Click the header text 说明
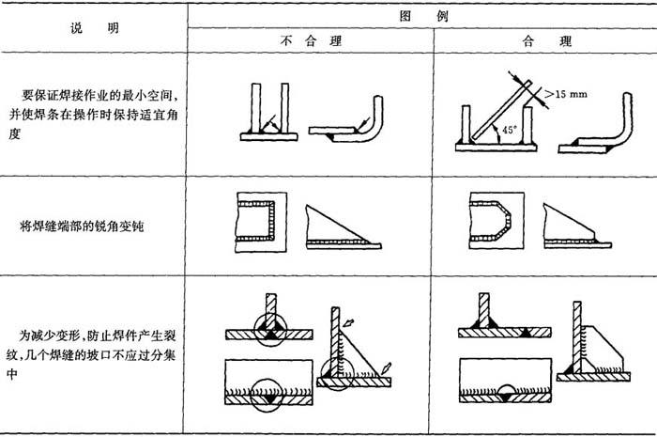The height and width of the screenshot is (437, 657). [x=95, y=28]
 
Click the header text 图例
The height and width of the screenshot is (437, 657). [x=423, y=16]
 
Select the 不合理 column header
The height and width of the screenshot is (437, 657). [x=311, y=40]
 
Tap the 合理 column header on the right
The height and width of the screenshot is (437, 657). [x=546, y=41]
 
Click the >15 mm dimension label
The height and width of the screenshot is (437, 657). [x=566, y=94]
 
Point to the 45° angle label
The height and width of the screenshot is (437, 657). [x=509, y=130]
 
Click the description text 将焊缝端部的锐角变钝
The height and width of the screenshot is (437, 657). [x=83, y=226]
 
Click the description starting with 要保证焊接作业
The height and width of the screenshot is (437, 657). [x=93, y=115]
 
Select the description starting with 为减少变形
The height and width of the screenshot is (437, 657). [x=90, y=355]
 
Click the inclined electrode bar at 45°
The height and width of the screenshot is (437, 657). [x=501, y=110]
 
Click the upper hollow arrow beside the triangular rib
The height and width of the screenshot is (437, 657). [x=348, y=323]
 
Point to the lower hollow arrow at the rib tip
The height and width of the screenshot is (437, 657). [x=386, y=368]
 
